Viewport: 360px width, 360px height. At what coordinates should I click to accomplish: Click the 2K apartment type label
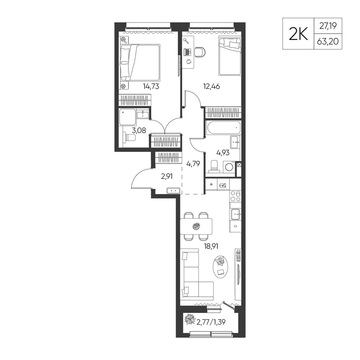[298, 34]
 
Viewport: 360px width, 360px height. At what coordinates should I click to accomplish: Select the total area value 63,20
[328, 41]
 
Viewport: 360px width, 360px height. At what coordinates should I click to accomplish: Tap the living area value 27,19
[328, 26]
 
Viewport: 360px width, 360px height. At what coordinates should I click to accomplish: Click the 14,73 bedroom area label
[151, 86]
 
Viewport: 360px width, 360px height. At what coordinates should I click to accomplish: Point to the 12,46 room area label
[211, 86]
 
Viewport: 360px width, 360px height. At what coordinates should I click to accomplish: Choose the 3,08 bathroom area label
[139, 130]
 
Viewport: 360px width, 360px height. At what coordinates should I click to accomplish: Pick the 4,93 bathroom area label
[223, 152]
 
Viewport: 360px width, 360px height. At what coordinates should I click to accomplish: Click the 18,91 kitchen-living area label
[211, 246]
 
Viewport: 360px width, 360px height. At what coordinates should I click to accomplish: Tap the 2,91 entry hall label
[167, 176]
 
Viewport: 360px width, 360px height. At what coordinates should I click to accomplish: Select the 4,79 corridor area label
[193, 164]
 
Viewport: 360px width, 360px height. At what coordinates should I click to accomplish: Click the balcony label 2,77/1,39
[211, 322]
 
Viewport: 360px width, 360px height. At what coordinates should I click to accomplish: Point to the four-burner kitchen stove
[235, 196]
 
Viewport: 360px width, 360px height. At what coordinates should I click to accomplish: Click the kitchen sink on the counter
[235, 214]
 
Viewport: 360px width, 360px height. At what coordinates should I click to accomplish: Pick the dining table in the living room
[196, 226]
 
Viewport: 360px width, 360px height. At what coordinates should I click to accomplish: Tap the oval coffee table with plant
[221, 267]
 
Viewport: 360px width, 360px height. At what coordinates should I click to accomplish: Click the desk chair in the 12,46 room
[200, 52]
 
